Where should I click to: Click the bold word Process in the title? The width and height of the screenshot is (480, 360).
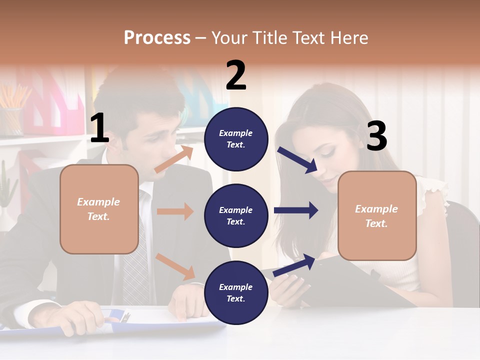(157, 37)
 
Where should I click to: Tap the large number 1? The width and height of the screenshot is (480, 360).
(99, 128)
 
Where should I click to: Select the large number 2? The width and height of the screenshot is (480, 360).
(236, 75)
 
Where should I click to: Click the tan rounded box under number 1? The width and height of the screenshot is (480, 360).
(99, 209)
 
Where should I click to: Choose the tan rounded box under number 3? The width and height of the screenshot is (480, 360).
(377, 215)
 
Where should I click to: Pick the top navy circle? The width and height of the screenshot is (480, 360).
(236, 139)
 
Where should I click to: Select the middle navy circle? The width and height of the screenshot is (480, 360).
(236, 215)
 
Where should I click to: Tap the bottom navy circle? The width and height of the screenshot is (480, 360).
(236, 292)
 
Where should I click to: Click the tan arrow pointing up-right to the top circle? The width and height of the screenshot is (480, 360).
(174, 159)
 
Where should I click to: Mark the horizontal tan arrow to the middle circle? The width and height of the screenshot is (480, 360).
(175, 211)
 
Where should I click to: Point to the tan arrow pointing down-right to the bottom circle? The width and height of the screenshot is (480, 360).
(175, 266)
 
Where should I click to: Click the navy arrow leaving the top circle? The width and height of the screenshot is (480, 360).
(297, 160)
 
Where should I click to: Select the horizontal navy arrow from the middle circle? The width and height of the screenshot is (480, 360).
(296, 210)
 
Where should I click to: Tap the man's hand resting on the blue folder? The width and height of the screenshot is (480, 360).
(80, 315)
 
